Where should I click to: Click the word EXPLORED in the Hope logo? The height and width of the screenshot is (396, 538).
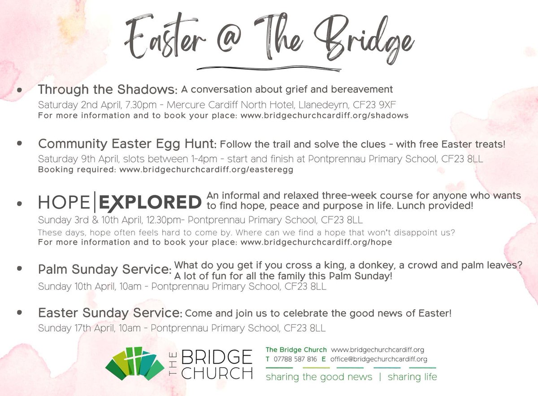[x=150, y=203]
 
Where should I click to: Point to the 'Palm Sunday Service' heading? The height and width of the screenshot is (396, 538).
[x=104, y=270]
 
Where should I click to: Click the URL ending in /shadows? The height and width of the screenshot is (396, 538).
[x=325, y=116]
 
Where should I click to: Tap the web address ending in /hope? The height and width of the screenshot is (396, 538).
[x=316, y=242]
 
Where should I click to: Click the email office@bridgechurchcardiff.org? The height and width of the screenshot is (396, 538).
[x=378, y=359]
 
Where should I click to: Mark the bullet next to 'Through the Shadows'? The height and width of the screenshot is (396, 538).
[x=19, y=90]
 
